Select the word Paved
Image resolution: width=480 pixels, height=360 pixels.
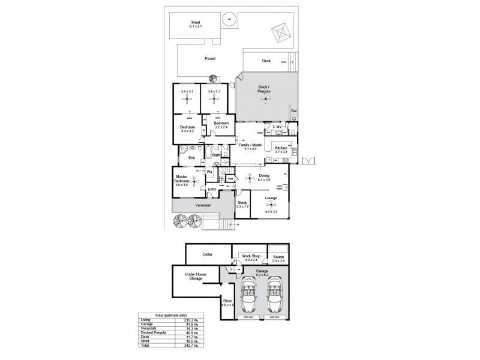(x=209, y=58)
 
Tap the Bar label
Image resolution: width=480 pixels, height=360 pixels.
(x=293, y=111)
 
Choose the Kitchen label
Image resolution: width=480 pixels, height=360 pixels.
(x=281, y=149)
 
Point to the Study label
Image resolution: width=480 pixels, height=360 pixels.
(x=242, y=205)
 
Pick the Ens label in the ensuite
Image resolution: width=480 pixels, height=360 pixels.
(x=192, y=158)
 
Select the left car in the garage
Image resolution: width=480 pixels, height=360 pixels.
(x=248, y=296)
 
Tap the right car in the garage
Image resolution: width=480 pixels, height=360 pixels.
(x=274, y=296)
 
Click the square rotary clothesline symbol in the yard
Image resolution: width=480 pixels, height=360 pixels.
(x=280, y=32)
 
